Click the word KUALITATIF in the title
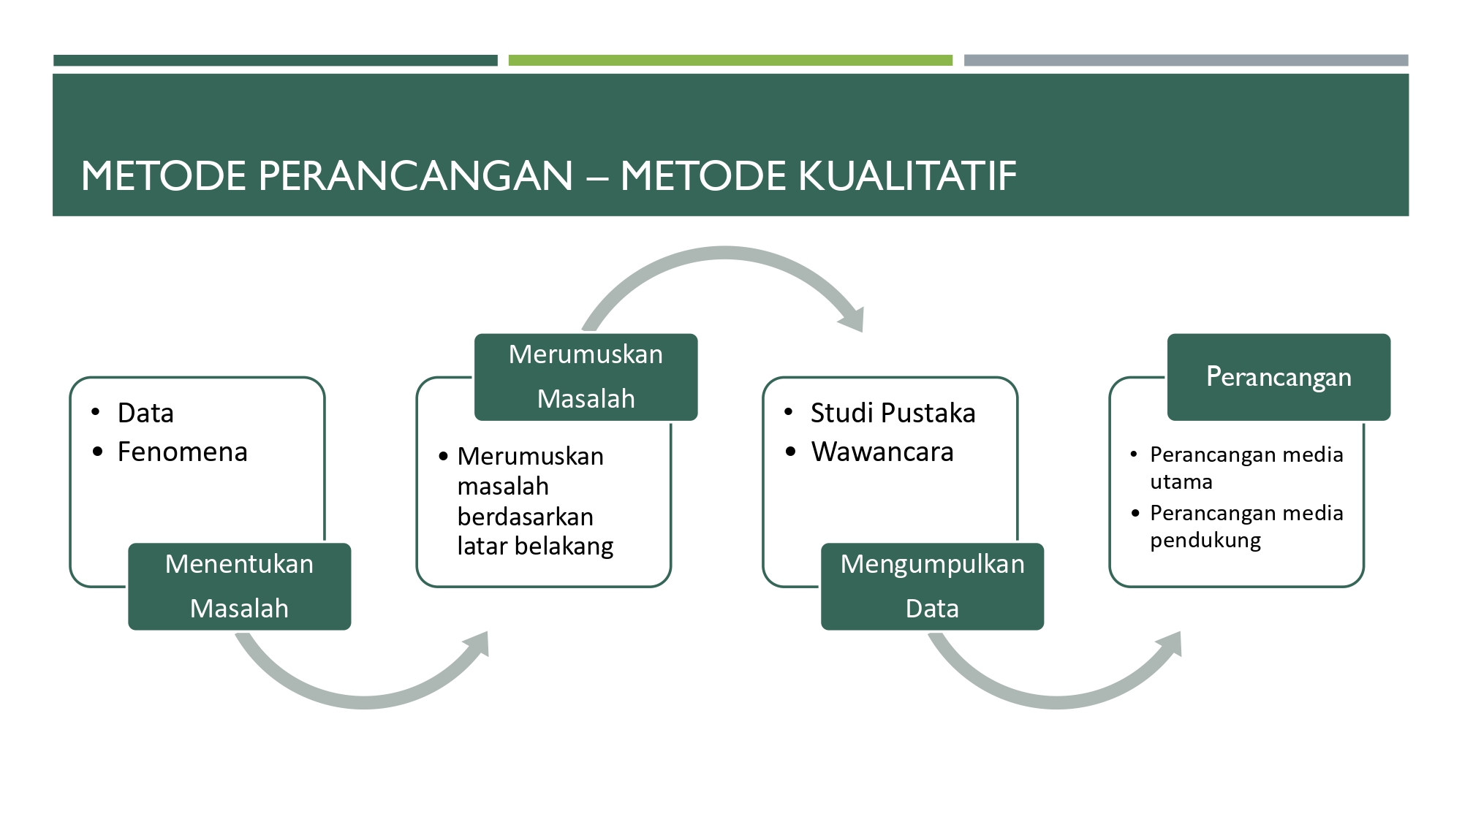click(906, 176)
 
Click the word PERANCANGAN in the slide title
click(415, 176)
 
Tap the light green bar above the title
click(730, 61)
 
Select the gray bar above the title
click(1186, 61)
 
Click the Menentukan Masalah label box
click(239, 586)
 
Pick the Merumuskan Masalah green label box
click(586, 377)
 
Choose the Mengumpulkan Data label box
click(932, 586)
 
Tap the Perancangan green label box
click(1279, 377)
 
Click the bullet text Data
click(145, 414)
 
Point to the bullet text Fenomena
click(183, 452)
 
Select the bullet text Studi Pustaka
click(893, 414)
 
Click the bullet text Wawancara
click(882, 452)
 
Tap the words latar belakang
click(535, 547)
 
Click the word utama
click(1181, 482)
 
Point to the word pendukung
click(1205, 541)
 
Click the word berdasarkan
click(526, 517)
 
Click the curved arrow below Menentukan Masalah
click(363, 702)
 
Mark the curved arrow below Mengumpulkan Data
click(1056, 702)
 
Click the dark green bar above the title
click(275, 61)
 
